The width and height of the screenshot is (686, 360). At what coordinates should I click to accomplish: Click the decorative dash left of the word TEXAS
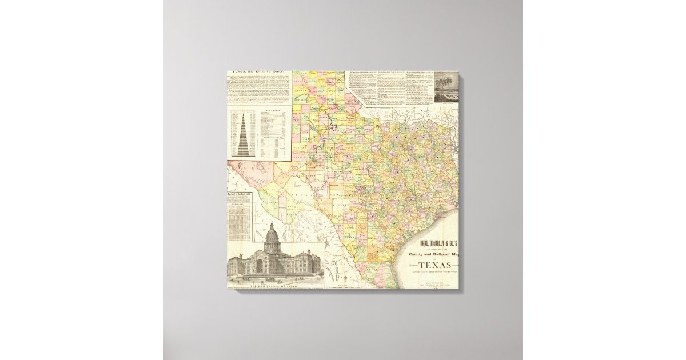pos(411,265)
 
